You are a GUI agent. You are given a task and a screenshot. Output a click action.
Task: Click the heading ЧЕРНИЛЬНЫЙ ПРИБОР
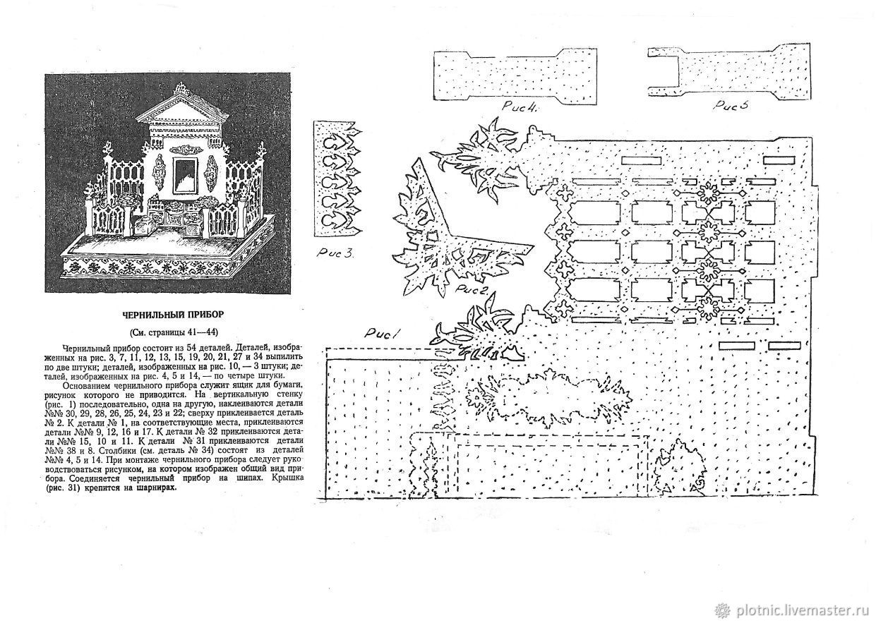[x=173, y=315]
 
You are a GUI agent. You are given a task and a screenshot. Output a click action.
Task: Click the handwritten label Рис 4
[x=520, y=107]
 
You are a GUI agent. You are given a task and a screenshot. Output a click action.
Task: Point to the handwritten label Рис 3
[x=335, y=253]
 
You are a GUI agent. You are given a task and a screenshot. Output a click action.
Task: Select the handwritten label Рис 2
[x=474, y=289]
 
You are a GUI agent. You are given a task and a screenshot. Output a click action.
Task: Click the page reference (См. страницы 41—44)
[x=174, y=332]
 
